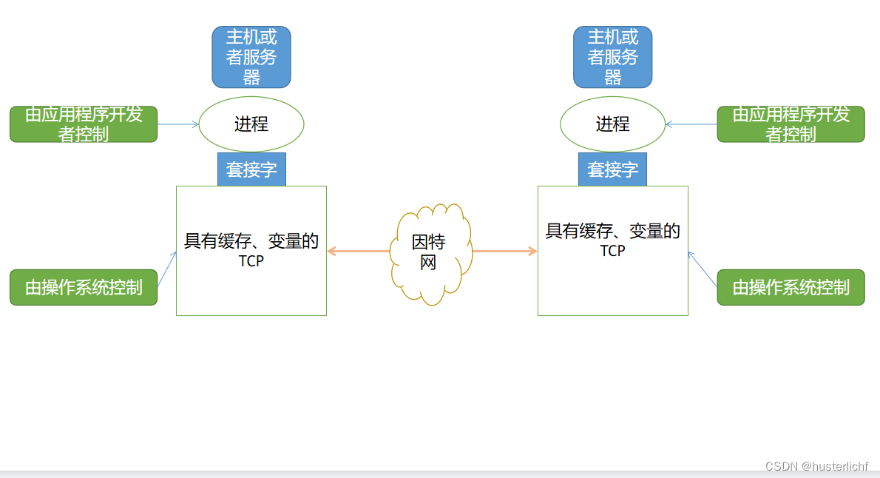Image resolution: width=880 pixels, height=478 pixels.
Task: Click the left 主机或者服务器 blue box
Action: pyautogui.click(x=251, y=57)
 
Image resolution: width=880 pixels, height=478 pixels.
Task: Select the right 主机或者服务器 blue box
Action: pyautogui.click(x=612, y=57)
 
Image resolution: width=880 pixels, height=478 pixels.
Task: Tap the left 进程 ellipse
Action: pyautogui.click(x=251, y=124)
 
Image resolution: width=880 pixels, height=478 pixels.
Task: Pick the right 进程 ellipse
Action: pyautogui.click(x=612, y=124)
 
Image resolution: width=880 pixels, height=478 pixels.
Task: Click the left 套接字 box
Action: pyautogui.click(x=251, y=169)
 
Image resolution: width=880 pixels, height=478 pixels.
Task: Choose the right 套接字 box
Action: pyautogui.click(x=612, y=169)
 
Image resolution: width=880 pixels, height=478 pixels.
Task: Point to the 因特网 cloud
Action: pyautogui.click(x=430, y=252)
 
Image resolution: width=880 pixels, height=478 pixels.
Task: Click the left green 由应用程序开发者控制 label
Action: pyautogui.click(x=84, y=124)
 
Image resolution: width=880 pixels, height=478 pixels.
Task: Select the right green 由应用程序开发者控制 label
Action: pyautogui.click(x=791, y=124)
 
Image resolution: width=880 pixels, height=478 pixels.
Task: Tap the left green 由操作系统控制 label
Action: pyautogui.click(x=84, y=287)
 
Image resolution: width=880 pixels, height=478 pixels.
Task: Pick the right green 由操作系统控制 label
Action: pyautogui.click(x=791, y=287)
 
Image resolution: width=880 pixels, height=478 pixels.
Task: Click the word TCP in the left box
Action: pyautogui.click(x=251, y=261)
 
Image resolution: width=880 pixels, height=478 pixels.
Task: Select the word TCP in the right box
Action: pyautogui.click(x=612, y=251)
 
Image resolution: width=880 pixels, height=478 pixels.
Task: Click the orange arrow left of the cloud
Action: pyautogui.click(x=359, y=251)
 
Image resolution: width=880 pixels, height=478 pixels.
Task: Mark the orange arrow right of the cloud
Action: pyautogui.click(x=504, y=251)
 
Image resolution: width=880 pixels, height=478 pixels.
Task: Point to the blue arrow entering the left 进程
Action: pyautogui.click(x=178, y=124)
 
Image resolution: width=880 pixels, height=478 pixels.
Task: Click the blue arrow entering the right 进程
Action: pyautogui.click(x=691, y=124)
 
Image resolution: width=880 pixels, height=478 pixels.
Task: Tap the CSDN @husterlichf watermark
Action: pyautogui.click(x=816, y=466)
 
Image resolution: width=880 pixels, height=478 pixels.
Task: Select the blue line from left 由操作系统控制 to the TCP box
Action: pyautogui.click(x=167, y=269)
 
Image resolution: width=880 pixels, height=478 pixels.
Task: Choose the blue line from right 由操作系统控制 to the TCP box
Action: pyautogui.click(x=703, y=269)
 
